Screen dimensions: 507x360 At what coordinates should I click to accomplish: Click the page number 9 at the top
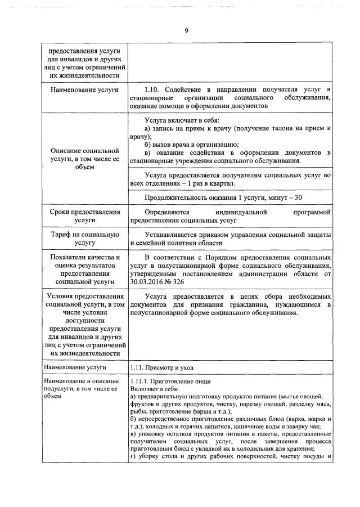pos(185,31)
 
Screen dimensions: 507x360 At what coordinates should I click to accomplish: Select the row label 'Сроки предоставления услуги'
pos(85,217)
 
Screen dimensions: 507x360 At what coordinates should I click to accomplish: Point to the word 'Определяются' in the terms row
pos(168,212)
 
